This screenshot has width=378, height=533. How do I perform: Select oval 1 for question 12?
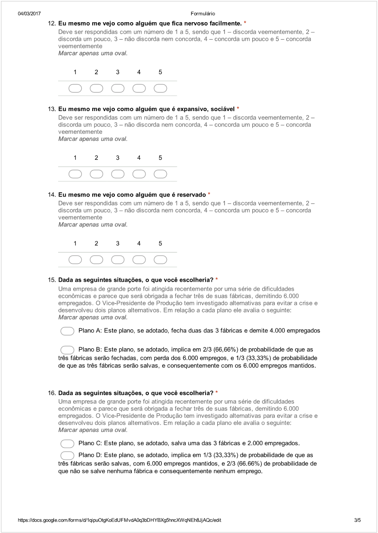tap(75, 88)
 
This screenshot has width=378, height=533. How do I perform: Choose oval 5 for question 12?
tap(160, 88)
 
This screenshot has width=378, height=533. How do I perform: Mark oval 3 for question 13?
tap(118, 174)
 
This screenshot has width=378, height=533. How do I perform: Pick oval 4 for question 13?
tap(139, 174)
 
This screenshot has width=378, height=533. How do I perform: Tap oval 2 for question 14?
tap(96, 259)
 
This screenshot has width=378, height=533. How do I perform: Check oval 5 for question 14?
tap(160, 259)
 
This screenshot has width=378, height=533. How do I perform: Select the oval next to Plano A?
tap(68, 331)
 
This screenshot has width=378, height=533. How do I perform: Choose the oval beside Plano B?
tap(68, 350)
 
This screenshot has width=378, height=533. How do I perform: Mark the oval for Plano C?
tap(68, 443)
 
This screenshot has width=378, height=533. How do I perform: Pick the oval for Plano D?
tap(68, 455)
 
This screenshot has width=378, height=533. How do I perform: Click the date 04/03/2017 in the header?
tap(29, 14)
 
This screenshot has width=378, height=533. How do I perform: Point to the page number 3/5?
tap(357, 520)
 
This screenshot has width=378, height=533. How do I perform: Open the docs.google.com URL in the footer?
tap(120, 520)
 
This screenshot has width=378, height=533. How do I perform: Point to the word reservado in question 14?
tap(191, 194)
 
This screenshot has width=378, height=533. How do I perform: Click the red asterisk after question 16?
tap(216, 393)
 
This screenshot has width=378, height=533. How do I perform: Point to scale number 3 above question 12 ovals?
tap(118, 72)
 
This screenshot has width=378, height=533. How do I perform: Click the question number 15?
tap(52, 280)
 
